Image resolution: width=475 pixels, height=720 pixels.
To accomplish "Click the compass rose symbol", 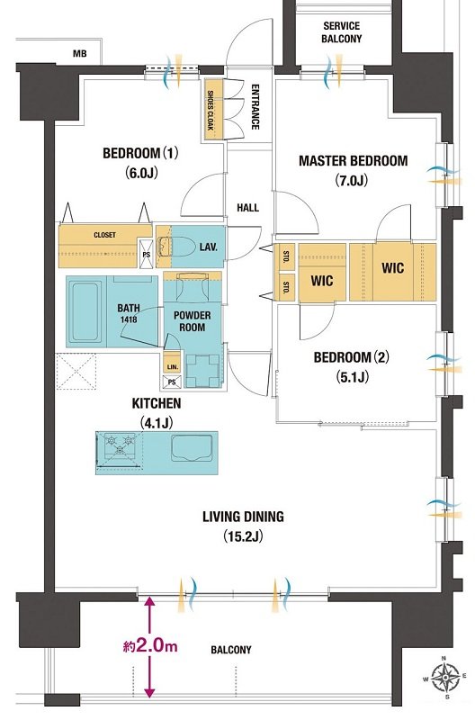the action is [x=444, y=678].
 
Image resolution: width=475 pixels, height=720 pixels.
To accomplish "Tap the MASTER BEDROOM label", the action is [x=353, y=161].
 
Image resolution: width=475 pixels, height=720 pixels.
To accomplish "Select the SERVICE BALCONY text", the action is [x=342, y=32].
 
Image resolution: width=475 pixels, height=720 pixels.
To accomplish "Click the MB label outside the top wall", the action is [x=80, y=54].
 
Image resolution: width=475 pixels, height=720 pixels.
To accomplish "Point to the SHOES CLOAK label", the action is [x=211, y=110].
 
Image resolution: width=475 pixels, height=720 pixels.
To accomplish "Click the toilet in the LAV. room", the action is [x=175, y=247].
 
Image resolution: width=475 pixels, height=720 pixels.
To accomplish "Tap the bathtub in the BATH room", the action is [x=86, y=310].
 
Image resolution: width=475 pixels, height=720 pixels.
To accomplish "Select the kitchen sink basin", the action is [x=192, y=446].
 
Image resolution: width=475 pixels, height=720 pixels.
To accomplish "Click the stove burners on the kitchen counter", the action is [x=119, y=445].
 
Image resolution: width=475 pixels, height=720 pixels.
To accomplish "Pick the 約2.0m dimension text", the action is [x=150, y=646].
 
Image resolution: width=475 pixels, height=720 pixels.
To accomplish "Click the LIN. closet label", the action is [x=173, y=367].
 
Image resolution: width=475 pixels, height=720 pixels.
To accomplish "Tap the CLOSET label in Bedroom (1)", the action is [x=104, y=235].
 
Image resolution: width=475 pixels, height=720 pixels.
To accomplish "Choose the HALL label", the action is [x=247, y=208].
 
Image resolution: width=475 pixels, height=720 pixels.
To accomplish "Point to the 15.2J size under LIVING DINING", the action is [x=243, y=535].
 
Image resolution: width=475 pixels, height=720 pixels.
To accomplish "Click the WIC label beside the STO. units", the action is [x=322, y=280].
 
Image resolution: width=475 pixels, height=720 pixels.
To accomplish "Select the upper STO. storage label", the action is [x=286, y=256].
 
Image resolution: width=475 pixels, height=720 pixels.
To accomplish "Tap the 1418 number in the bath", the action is [x=129, y=319].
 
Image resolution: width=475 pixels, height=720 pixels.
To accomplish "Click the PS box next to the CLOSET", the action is [x=147, y=254].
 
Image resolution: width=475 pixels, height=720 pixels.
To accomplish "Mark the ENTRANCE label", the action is [x=255, y=107].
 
